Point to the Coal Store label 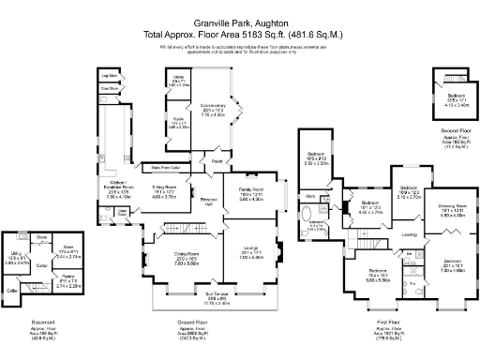(x=111, y=89)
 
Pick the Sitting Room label (x=164, y=190)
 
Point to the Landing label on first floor (x=410, y=234)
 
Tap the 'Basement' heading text (x=43, y=322)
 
